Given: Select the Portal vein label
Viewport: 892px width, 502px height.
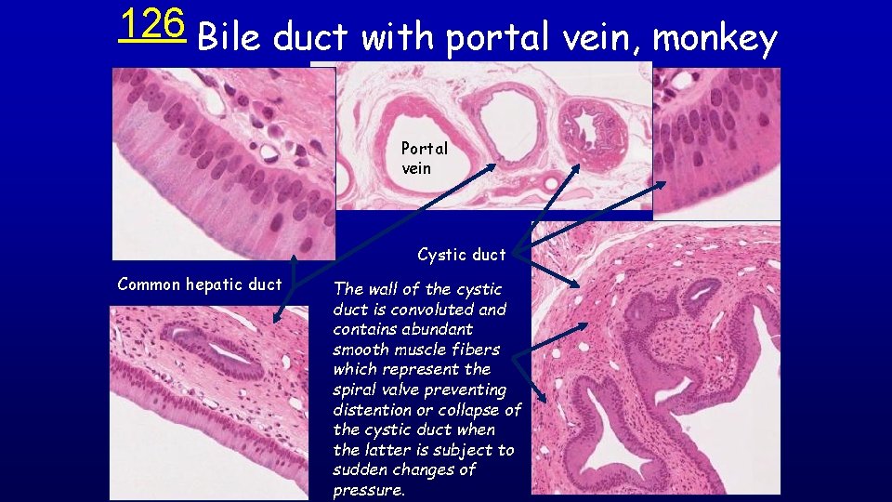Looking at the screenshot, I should coord(425,158).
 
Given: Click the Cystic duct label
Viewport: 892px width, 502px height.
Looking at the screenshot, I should coord(462,255).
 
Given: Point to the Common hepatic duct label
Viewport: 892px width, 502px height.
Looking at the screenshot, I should coord(199,284).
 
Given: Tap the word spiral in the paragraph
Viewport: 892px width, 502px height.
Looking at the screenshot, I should coord(356,390).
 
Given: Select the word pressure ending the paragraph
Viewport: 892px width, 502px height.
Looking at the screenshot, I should coord(369,490).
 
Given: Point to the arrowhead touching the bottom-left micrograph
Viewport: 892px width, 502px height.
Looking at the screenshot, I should coord(276,318).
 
